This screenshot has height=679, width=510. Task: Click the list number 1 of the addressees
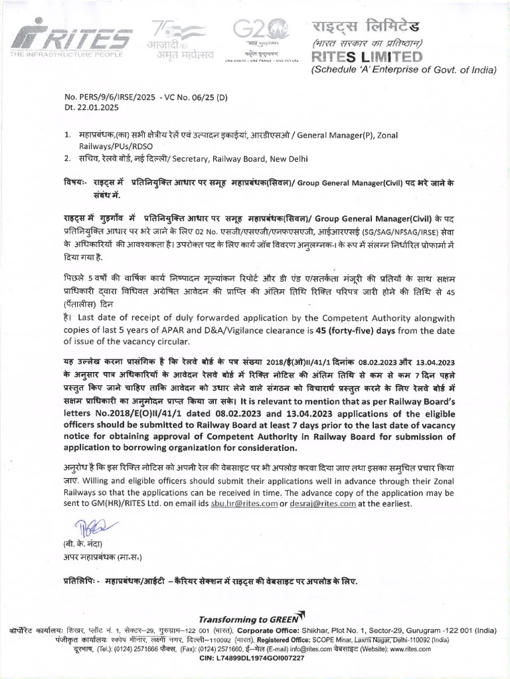point(67,135)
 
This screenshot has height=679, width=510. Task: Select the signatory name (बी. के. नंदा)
point(81,546)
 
